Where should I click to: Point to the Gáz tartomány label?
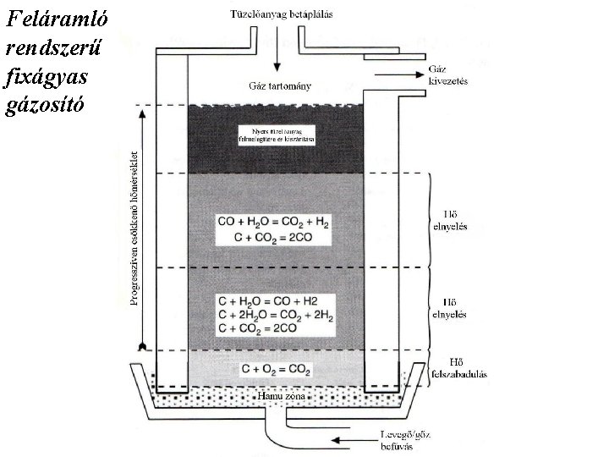(x=279, y=85)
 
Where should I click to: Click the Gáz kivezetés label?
(x=448, y=74)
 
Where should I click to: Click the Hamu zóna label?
(x=277, y=394)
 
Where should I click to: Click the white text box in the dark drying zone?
(x=276, y=135)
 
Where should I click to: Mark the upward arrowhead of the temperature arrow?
(x=144, y=112)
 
